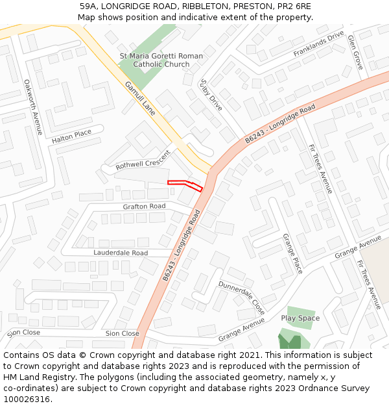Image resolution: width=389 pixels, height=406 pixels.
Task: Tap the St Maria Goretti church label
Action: (x=161, y=60)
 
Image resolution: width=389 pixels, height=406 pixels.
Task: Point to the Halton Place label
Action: (x=72, y=136)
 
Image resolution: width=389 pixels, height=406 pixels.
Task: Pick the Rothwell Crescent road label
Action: (x=142, y=160)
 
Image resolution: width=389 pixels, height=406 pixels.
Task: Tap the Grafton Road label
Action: (x=144, y=207)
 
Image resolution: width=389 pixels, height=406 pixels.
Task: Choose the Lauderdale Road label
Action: (x=121, y=253)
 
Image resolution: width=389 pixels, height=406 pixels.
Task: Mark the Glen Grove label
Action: (x=356, y=52)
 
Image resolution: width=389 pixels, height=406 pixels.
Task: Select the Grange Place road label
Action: (x=292, y=253)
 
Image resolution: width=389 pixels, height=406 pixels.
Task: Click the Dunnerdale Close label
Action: (x=241, y=297)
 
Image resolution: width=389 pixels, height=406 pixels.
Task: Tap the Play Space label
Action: (x=300, y=318)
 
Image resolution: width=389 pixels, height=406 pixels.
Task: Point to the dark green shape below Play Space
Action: (x=290, y=341)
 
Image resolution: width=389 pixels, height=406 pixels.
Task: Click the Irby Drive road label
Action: (x=211, y=95)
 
